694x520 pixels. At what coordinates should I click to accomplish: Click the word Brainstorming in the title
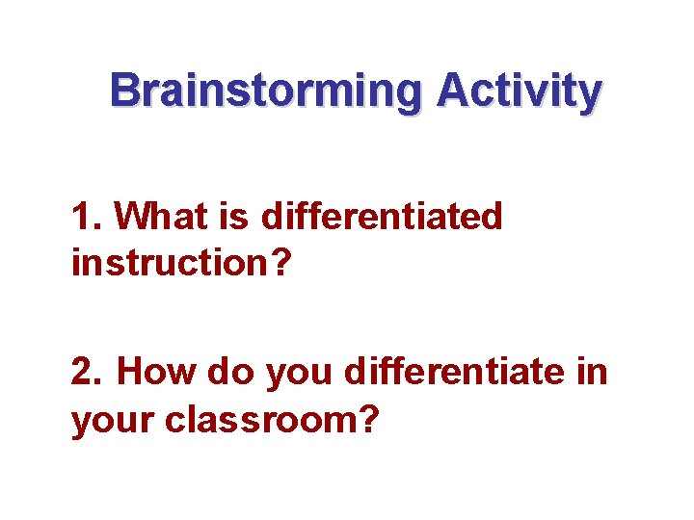pos(266,92)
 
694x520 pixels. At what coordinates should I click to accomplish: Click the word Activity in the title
pos(519,92)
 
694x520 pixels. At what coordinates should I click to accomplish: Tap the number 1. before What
pos(86,217)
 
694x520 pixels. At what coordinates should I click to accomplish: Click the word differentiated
pos(382,217)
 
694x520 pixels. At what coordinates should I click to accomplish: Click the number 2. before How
pos(88,372)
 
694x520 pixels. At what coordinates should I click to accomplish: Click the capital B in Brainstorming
pos(123,92)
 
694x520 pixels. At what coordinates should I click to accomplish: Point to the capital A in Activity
pos(452,92)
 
